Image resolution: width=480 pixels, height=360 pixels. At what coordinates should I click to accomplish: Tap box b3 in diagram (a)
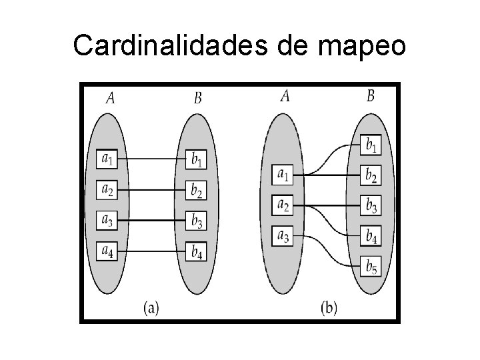click(197, 219)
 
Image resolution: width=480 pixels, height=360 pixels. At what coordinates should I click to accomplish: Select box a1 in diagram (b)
click(283, 175)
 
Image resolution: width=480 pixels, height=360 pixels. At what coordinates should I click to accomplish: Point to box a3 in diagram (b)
click(283, 235)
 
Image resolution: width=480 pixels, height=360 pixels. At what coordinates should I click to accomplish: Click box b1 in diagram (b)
click(371, 144)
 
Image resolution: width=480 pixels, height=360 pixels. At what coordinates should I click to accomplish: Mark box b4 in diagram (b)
click(371, 235)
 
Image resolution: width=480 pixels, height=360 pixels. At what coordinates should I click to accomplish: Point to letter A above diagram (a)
click(111, 98)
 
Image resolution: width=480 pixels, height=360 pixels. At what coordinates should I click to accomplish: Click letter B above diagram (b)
click(371, 96)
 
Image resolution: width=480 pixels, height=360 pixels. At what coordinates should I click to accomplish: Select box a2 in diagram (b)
click(283, 205)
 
